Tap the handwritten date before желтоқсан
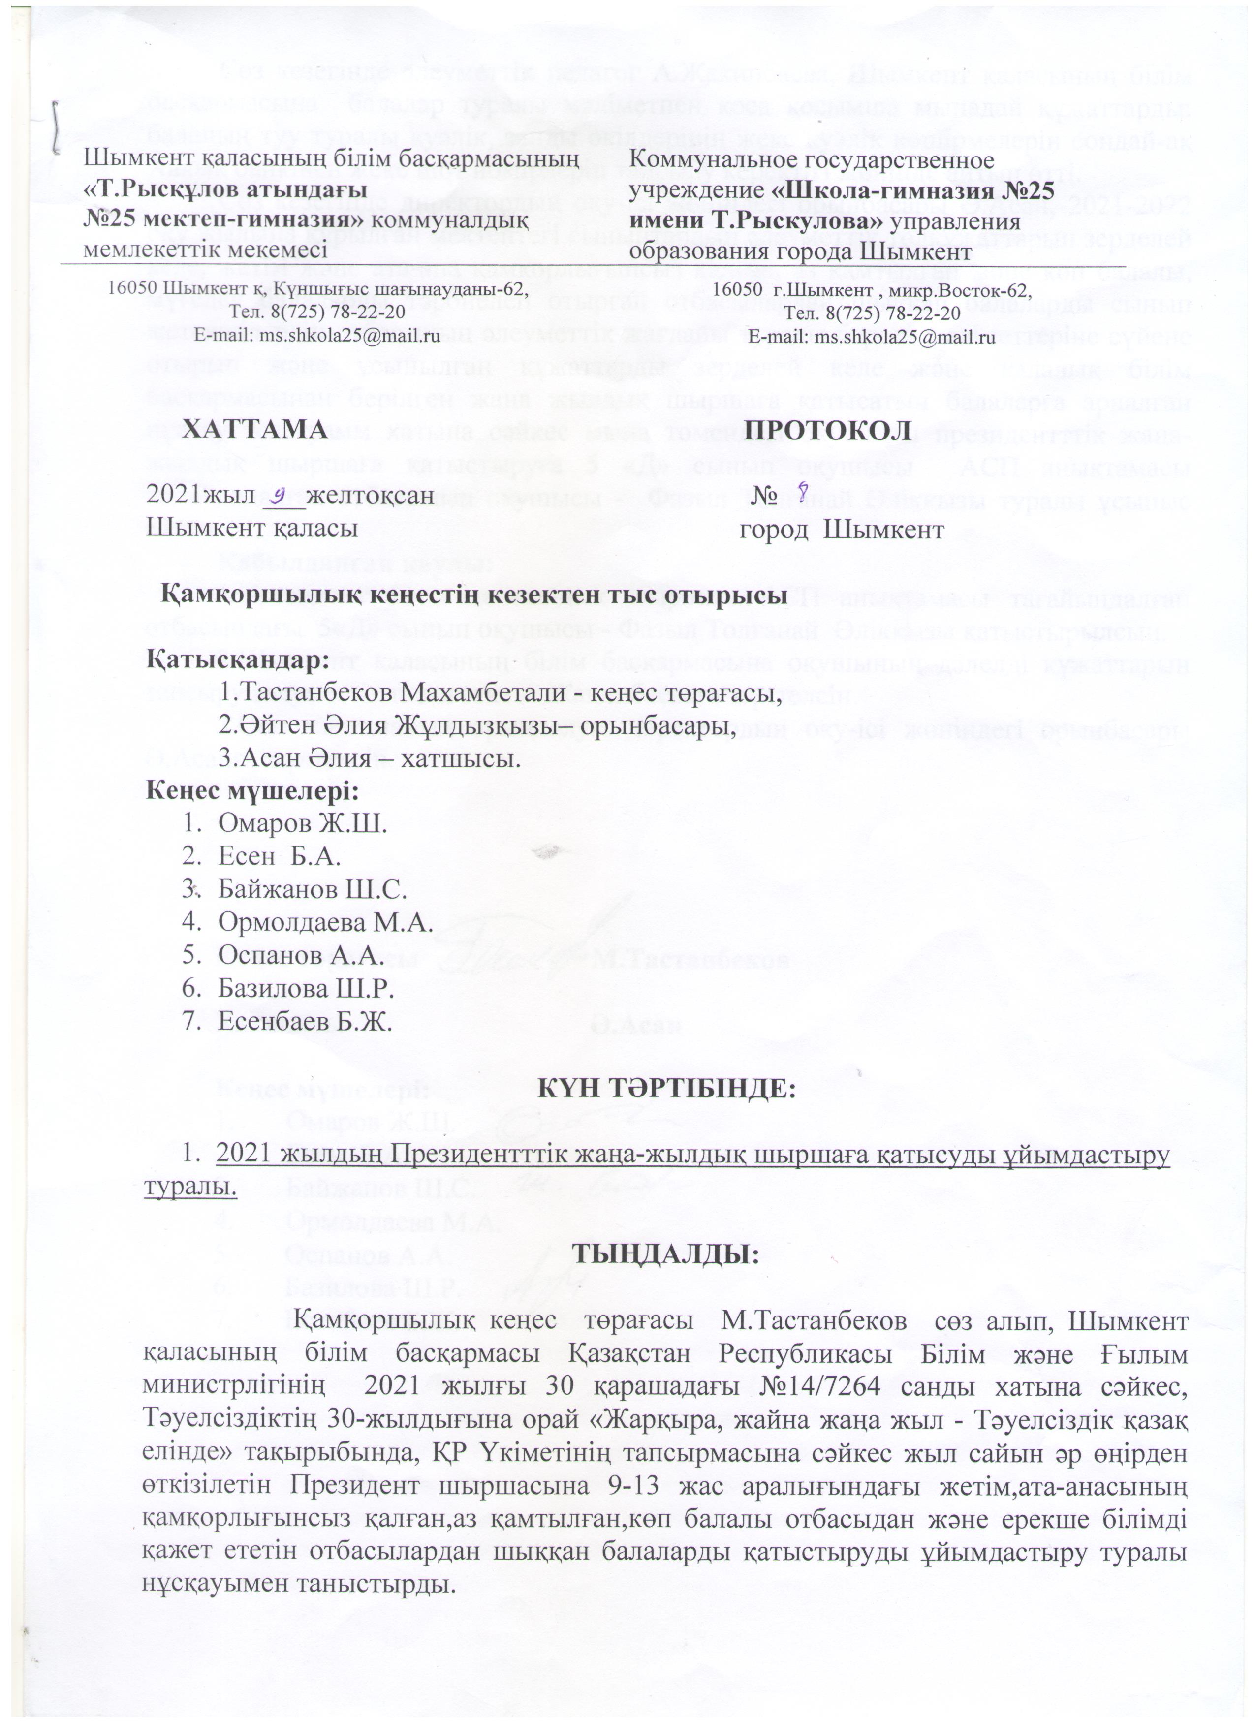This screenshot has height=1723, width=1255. pos(281,495)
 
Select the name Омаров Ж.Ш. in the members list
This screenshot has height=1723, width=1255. pos(302,823)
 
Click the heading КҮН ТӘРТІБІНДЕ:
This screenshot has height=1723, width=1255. pos(667,1091)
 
